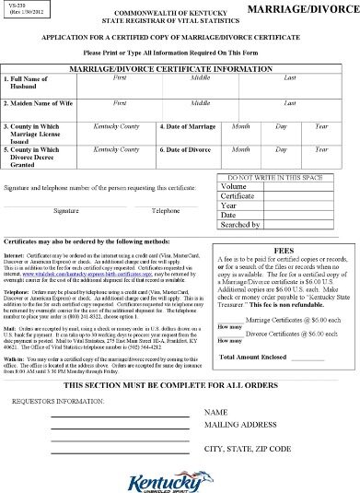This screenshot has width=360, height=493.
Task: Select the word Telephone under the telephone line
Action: coord(166,211)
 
